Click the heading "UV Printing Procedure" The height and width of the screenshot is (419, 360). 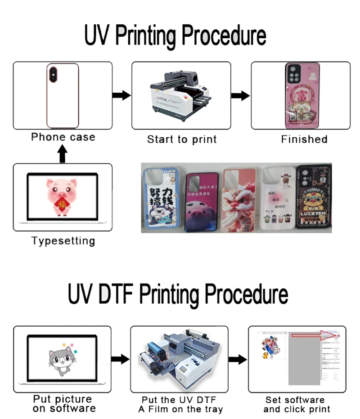[175, 36]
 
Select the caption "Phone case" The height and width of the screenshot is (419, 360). [63, 137]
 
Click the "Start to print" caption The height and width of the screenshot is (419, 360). [182, 140]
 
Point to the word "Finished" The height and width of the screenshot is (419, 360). [304, 140]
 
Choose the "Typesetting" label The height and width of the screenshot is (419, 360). [63, 241]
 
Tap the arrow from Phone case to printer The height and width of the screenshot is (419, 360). [121, 95]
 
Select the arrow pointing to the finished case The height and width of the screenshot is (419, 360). [240, 95]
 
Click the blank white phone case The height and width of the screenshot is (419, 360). [63, 95]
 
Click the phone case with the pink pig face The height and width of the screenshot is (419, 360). [202, 200]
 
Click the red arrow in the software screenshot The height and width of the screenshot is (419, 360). [328, 335]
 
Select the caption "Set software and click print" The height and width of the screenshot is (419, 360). [297, 405]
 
